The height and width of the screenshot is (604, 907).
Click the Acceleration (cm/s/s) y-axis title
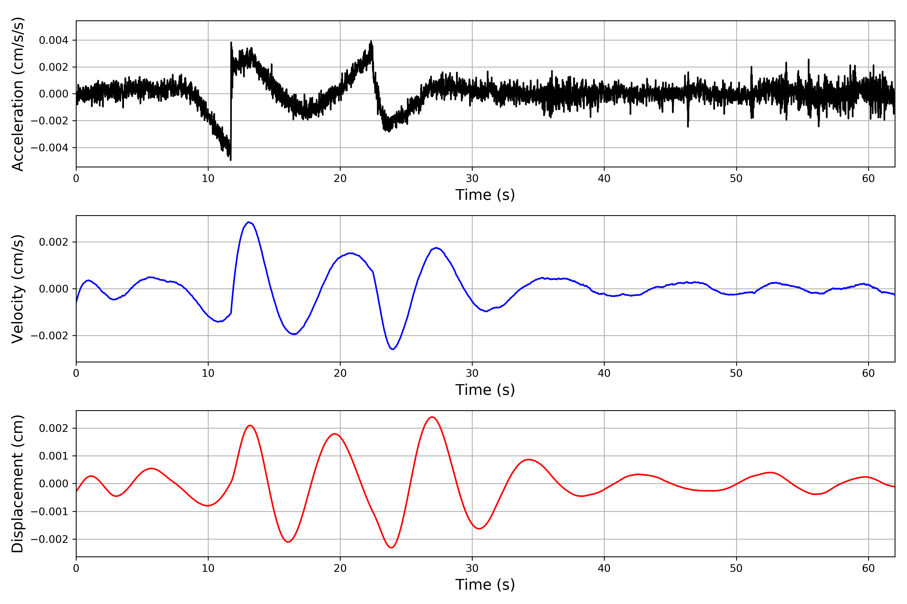click(x=18, y=94)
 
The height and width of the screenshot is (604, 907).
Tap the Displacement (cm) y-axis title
click(x=18, y=483)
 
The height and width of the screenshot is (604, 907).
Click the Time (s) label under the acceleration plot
click(x=485, y=195)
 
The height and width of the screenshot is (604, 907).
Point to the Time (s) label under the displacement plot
click(x=485, y=585)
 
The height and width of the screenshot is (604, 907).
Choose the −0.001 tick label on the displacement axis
click(x=49, y=512)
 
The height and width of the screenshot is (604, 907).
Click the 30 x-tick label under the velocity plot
click(x=472, y=373)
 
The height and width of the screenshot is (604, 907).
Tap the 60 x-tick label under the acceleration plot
click(x=868, y=178)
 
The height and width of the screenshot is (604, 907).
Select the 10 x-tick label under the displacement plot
click(x=208, y=568)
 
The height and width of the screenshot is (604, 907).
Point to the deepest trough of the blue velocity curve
click(x=393, y=349)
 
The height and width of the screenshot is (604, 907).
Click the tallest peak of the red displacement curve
click(x=432, y=417)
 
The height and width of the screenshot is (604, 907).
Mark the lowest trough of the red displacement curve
click(x=391, y=547)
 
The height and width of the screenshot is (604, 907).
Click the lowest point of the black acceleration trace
click(x=231, y=160)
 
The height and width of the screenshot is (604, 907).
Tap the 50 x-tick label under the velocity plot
click(x=736, y=373)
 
